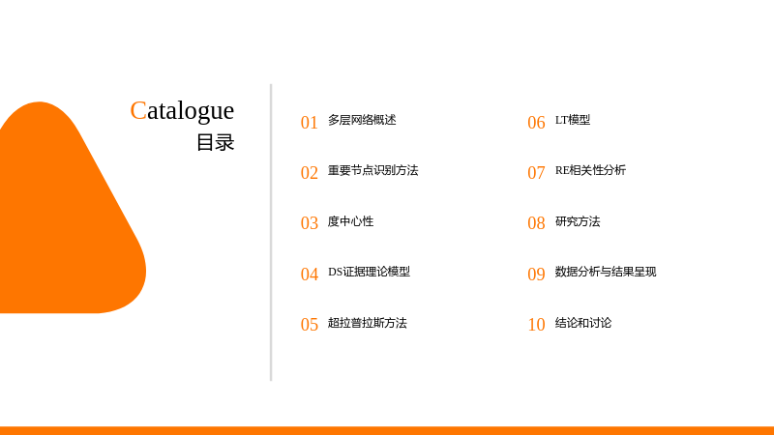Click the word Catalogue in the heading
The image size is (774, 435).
[x=182, y=111]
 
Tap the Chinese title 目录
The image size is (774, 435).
[x=215, y=142]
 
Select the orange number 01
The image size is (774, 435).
[x=310, y=123]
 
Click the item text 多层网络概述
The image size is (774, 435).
[x=362, y=120]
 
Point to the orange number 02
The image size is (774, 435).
[x=310, y=173]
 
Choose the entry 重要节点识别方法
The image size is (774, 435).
[x=373, y=170]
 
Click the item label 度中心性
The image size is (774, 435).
[x=350, y=221]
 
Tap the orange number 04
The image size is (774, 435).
[x=310, y=275]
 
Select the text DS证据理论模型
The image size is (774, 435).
[x=370, y=272]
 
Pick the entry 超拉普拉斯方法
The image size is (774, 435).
[x=368, y=323]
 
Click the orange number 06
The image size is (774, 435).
[x=537, y=123]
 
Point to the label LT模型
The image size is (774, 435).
[x=573, y=120]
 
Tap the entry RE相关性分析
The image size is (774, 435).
[x=590, y=170]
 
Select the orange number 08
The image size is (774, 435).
[x=537, y=223]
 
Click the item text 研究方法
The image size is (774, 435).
[x=578, y=221]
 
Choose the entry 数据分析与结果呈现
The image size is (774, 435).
[x=606, y=272]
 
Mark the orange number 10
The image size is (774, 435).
[x=537, y=325]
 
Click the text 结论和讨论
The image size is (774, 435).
[x=583, y=323]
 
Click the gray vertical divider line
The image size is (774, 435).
[x=271, y=232]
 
